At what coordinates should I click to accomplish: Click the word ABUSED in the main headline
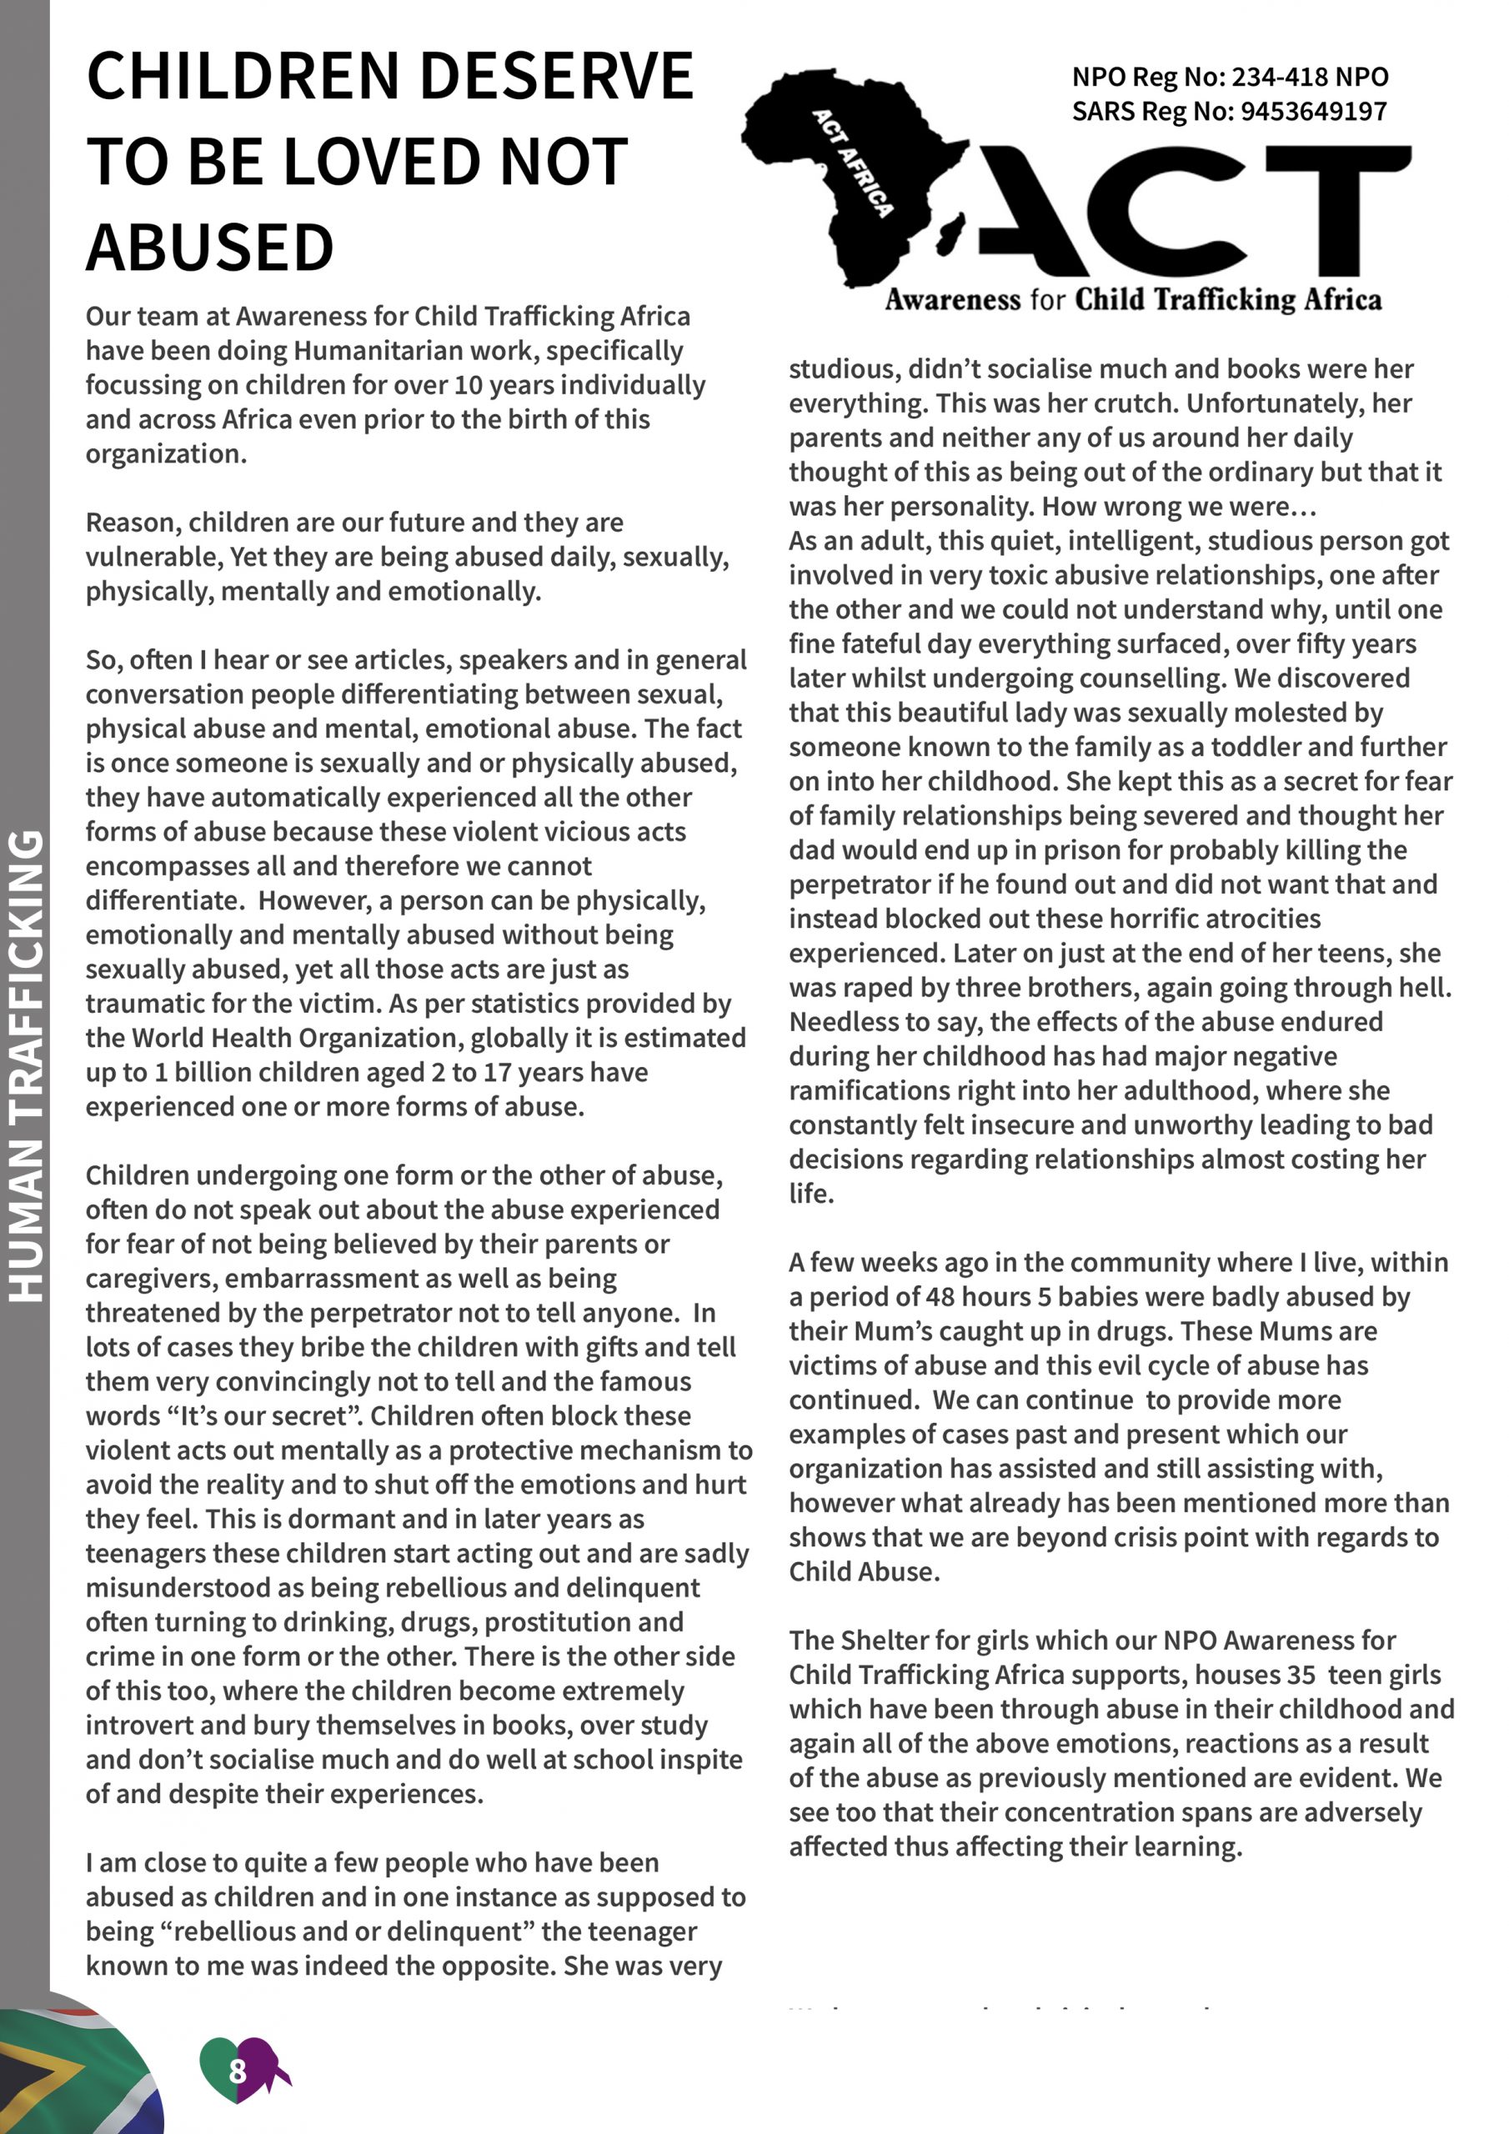(x=210, y=248)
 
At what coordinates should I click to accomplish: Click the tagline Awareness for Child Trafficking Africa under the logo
(x=1132, y=300)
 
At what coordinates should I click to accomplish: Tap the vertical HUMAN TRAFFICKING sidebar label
(x=26, y=1065)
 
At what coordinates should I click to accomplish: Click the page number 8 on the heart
(x=237, y=2071)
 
